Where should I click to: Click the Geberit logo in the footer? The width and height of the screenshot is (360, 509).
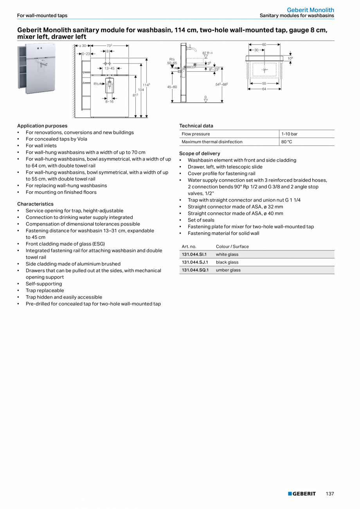coord(302,494)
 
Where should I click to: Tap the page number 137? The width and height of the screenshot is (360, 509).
coord(330,494)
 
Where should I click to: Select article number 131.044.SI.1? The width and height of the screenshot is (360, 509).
coord(194,254)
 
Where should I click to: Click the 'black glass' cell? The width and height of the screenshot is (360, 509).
coord(227,262)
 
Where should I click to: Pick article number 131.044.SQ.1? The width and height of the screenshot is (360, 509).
coord(195,270)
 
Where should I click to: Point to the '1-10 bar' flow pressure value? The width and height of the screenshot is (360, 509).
coord(289,134)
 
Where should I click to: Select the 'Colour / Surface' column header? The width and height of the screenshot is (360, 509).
coord(232,247)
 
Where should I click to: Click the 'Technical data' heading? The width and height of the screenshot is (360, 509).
coord(196,126)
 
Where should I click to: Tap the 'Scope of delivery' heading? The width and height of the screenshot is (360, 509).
coord(200,153)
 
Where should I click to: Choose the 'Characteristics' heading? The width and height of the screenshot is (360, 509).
coord(35,204)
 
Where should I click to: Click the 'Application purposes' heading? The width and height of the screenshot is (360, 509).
coord(42,126)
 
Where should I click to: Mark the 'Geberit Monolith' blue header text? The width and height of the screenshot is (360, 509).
coord(310,10)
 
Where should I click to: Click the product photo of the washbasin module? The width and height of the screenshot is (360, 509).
coord(36,69)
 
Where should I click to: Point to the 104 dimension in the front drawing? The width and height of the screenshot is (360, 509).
coord(140,90)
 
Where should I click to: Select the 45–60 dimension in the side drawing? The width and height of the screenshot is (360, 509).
coord(172,87)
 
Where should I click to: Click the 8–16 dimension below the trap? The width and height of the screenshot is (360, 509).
coord(109,102)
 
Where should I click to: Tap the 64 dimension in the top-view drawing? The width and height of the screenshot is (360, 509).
coord(264,89)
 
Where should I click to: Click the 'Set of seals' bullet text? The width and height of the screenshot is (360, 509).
coord(201,220)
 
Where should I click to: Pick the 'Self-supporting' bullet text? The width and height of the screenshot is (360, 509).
coord(44,284)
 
